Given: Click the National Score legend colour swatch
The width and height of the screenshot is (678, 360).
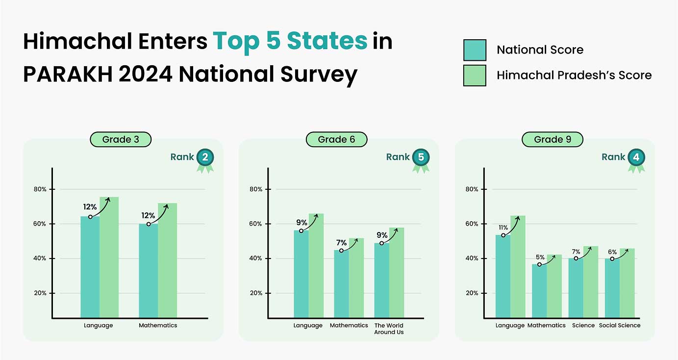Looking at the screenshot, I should pos(475,50).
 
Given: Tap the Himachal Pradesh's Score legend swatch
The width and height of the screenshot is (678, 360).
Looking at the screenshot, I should pos(475,76).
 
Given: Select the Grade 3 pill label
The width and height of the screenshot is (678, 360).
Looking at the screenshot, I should pos(121,140).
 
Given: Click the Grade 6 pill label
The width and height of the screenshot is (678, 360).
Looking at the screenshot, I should pos(336,140).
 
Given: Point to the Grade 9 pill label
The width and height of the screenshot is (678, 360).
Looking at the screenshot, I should pos(552,140).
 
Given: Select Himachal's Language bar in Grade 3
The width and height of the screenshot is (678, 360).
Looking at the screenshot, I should pos(109,257).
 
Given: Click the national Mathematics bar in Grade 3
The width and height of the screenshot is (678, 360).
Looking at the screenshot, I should pos(148,271).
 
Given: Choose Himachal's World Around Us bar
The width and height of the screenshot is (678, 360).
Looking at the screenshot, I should pos(397,273).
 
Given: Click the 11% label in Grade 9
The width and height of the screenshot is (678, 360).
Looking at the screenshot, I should pos(503,228).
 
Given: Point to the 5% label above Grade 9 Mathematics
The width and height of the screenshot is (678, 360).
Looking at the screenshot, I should pos(540,257).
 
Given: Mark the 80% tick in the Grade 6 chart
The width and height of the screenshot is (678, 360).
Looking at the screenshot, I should pos(256,189).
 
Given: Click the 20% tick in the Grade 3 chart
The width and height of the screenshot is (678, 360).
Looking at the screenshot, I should pos(40,293).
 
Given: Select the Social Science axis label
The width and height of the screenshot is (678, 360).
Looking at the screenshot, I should pos(620,326).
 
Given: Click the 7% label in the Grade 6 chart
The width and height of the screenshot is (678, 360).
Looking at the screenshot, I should pos(341,243).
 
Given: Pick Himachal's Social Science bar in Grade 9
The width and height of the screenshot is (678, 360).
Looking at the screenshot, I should pos(627,283).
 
